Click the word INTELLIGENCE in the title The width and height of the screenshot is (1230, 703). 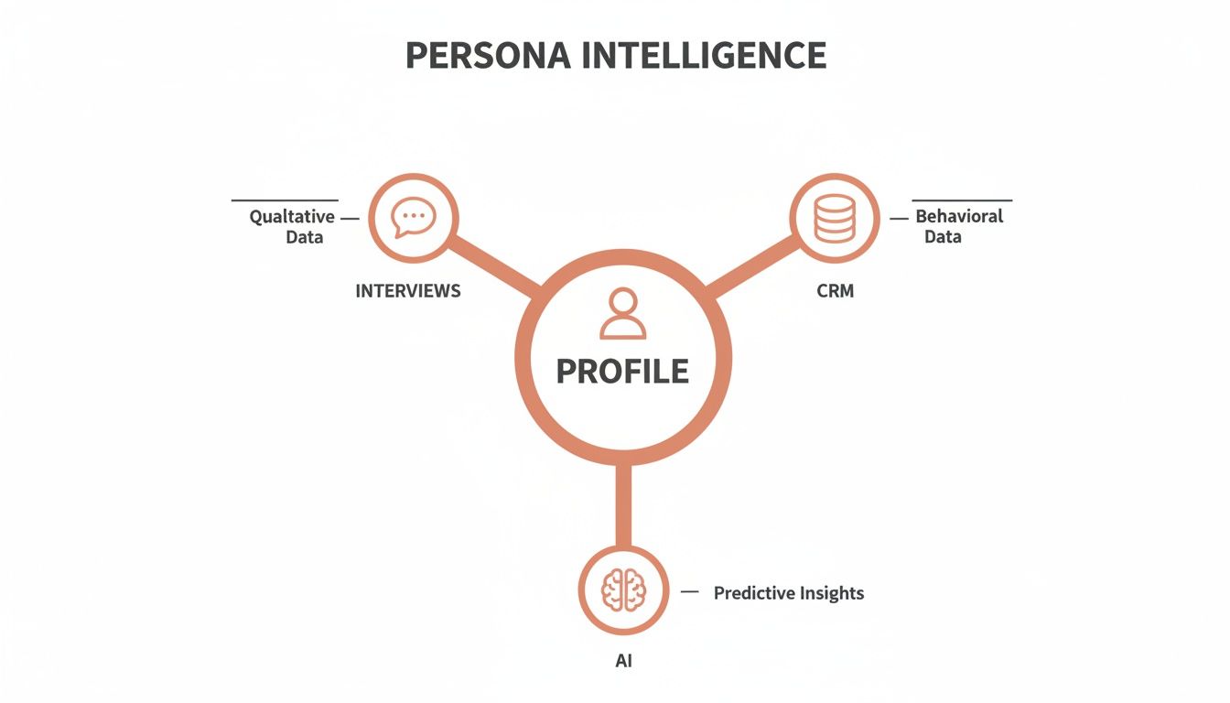(704, 56)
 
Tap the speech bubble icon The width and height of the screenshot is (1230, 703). (413, 218)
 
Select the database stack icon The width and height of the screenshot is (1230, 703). (834, 219)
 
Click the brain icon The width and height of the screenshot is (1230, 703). (623, 590)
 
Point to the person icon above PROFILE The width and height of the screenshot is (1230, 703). (622, 315)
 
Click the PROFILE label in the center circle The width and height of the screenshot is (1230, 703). (622, 371)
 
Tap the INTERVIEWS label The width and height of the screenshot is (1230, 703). (408, 291)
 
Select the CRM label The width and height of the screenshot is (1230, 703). (834, 291)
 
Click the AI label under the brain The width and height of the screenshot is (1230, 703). (623, 661)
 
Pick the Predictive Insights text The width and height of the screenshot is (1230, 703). (788, 593)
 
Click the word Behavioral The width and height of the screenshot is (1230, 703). (959, 217)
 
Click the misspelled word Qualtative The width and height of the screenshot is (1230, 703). (292, 218)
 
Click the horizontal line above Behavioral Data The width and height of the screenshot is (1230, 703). (962, 200)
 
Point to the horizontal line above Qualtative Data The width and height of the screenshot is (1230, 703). (285, 200)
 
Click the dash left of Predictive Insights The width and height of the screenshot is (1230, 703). (691, 592)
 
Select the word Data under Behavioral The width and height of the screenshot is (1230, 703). (943, 237)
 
